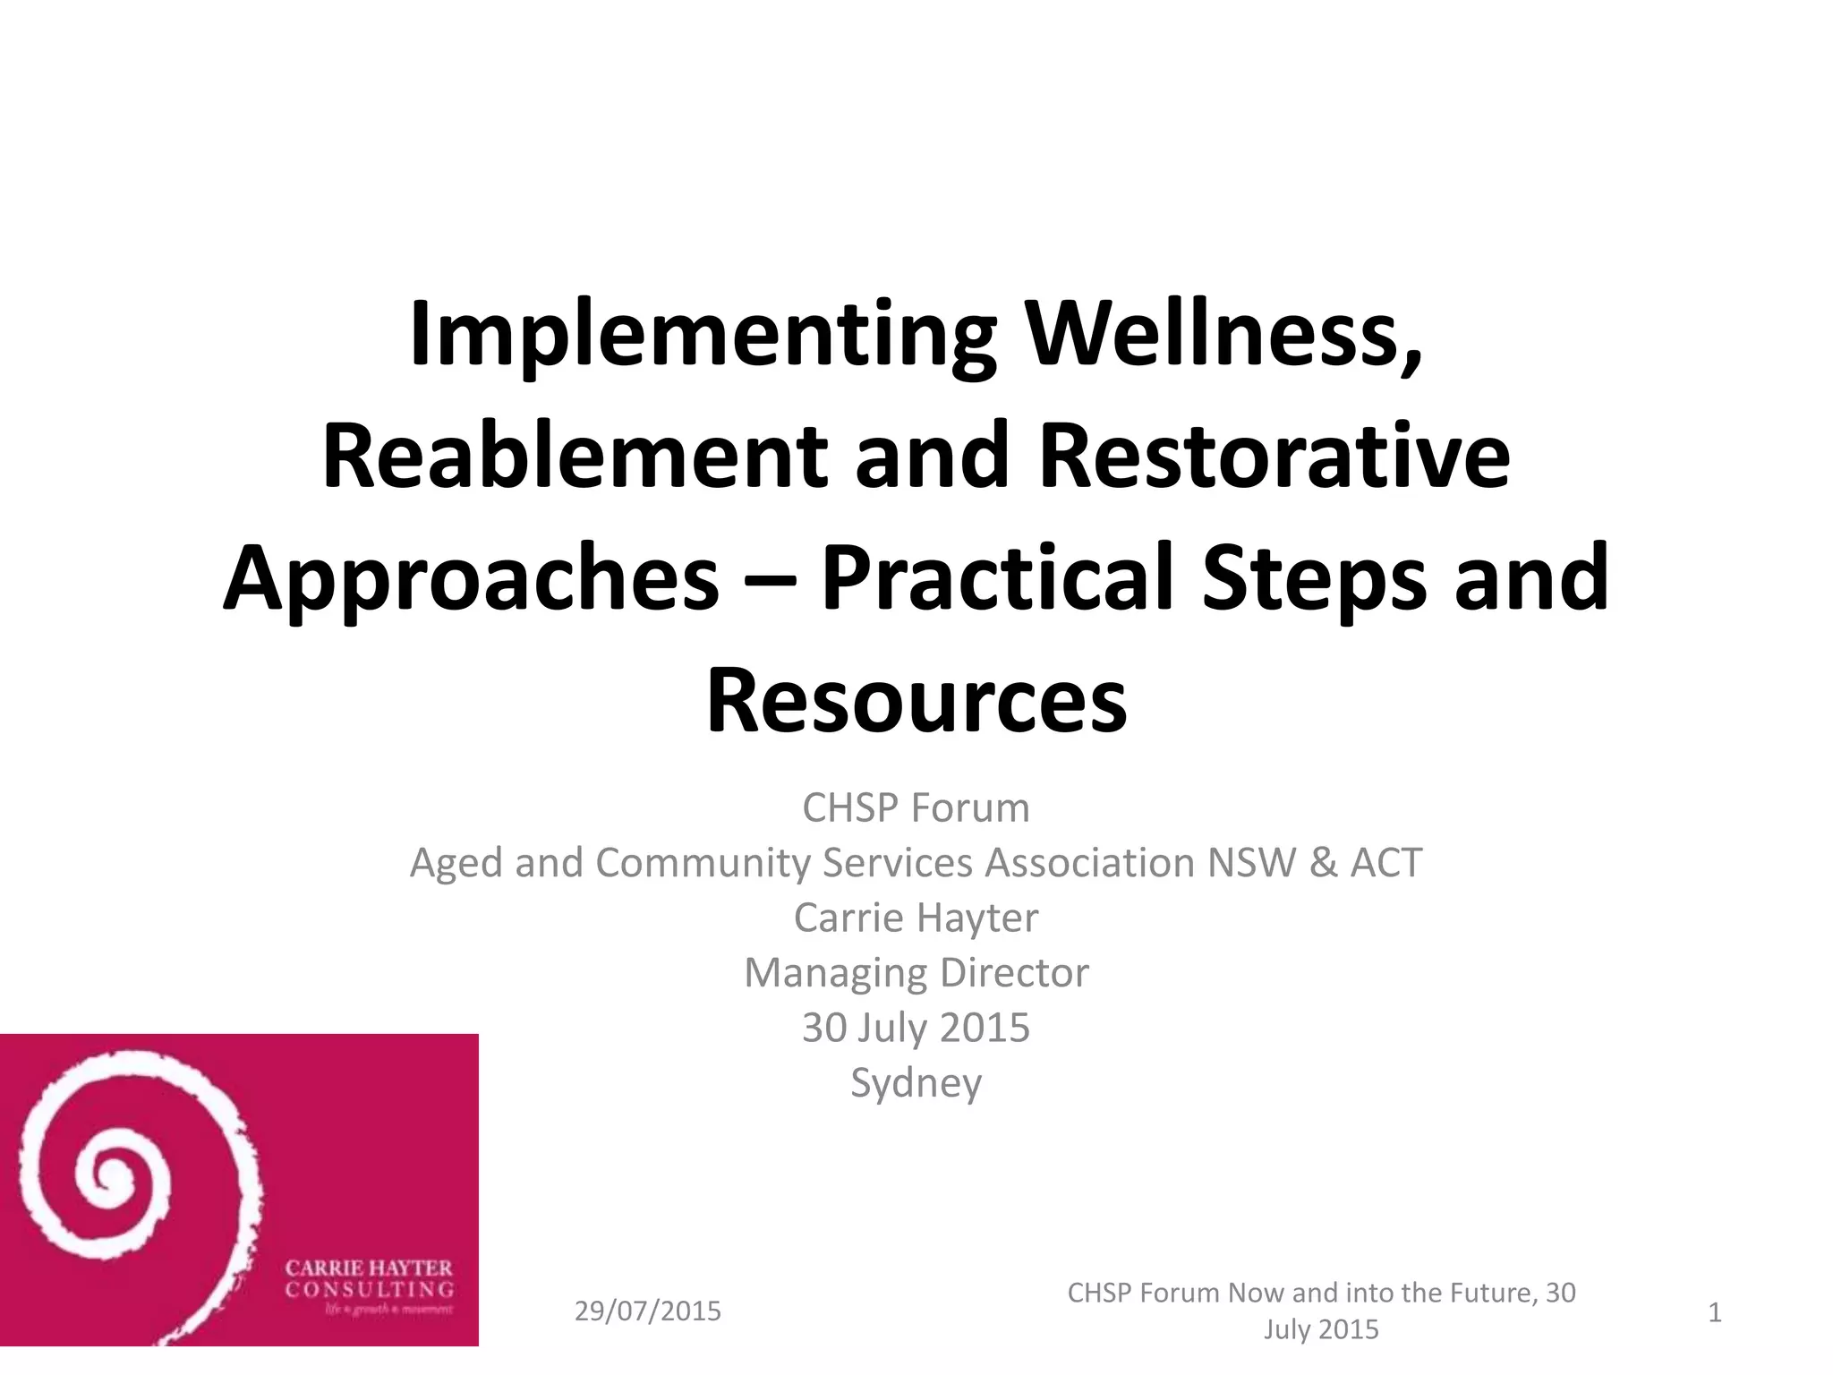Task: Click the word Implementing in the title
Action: (x=703, y=337)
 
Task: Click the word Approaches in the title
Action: (x=471, y=580)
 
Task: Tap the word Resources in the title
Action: (x=916, y=700)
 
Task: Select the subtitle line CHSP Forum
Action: (x=916, y=808)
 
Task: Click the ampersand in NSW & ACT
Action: (x=1322, y=863)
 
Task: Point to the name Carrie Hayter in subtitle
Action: (x=916, y=918)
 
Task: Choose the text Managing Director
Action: (x=916, y=973)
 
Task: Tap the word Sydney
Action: (x=916, y=1083)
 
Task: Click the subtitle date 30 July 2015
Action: (x=916, y=1028)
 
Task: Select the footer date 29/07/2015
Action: (x=647, y=1311)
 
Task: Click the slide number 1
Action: (x=1715, y=1312)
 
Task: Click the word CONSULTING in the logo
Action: (x=370, y=1290)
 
